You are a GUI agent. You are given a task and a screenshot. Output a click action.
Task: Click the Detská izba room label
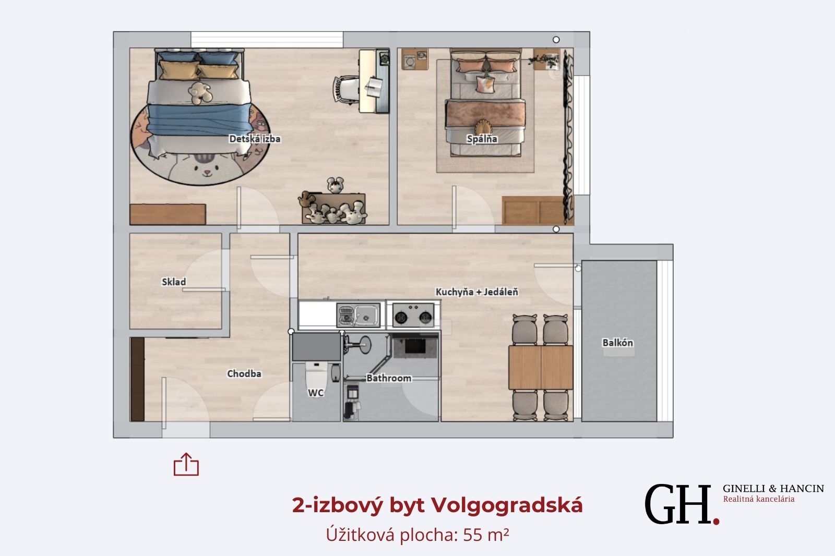tap(255, 139)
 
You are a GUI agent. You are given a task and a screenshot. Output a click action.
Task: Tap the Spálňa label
tap(482, 139)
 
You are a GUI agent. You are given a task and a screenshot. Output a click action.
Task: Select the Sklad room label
tap(174, 282)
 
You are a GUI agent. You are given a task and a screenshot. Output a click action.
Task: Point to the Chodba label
tap(244, 373)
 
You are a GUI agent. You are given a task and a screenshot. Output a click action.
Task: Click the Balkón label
tap(617, 343)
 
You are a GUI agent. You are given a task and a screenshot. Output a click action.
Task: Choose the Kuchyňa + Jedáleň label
tap(477, 292)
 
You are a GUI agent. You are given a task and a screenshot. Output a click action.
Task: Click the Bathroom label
tap(389, 378)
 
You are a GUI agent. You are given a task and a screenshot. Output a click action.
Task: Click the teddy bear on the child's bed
tap(200, 93)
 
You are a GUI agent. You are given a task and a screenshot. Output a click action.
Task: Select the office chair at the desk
tap(347, 89)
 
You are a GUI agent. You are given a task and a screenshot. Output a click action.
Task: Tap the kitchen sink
tap(358, 315)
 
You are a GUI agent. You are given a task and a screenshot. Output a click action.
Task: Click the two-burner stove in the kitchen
tap(413, 315)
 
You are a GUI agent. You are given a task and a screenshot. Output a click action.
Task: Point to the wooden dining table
tap(541, 367)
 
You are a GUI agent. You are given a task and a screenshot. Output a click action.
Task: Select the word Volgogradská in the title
tap(507, 506)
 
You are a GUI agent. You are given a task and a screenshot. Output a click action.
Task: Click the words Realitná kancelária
tap(759, 499)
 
